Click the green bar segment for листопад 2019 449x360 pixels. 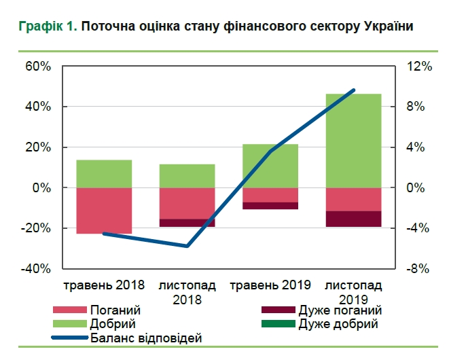(353, 140)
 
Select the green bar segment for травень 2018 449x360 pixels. (104, 174)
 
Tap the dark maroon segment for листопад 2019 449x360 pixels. (353, 219)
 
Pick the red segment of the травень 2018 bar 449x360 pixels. (104, 210)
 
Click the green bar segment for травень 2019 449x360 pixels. (270, 166)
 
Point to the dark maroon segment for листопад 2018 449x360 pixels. (187, 223)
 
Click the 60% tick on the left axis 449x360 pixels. (38, 67)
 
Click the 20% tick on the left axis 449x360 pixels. (38, 147)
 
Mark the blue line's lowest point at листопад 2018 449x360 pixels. (187, 246)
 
